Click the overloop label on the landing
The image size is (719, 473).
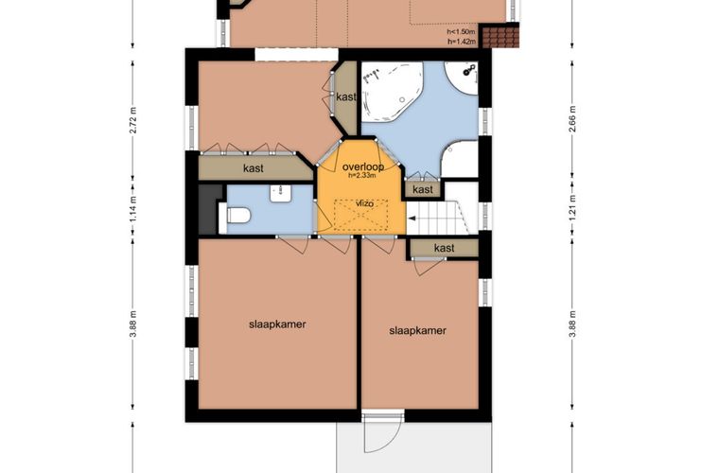[363, 166]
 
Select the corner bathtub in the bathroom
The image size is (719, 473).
[392, 92]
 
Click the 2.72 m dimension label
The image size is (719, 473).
[133, 120]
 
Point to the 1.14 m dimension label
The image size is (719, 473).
[133, 210]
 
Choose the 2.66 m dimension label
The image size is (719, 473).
[571, 119]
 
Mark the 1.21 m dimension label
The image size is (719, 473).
[571, 209]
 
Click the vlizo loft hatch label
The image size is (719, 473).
[364, 204]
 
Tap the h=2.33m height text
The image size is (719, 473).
[362, 175]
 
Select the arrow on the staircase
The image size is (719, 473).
[412, 219]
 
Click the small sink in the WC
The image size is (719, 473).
[279, 193]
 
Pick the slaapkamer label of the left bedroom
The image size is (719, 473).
[277, 324]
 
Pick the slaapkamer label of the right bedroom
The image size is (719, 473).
[417, 330]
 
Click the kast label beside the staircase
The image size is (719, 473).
[444, 248]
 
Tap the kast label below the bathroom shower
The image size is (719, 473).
[422, 189]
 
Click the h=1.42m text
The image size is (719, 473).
[462, 42]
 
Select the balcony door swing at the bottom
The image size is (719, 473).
[382, 433]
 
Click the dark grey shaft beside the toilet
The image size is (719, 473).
[208, 209]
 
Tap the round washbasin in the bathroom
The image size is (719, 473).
[464, 78]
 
